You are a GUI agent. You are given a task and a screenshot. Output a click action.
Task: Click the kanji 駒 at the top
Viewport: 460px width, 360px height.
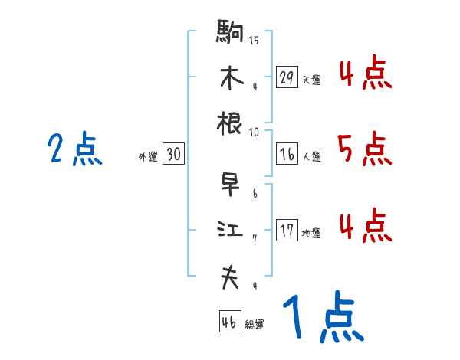coord(230,32)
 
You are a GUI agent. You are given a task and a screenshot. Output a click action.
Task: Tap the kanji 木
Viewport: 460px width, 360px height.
coord(230,77)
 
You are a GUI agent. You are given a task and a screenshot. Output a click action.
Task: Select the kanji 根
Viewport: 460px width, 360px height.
coord(230,123)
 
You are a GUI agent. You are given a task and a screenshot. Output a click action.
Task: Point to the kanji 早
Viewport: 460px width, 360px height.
coord(230,185)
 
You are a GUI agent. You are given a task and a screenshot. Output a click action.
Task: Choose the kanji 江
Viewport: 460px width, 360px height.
coord(230,231)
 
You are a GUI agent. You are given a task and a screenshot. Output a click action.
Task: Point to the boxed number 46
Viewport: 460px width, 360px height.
coord(229,322)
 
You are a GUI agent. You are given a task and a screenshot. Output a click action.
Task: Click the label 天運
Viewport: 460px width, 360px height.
coord(311,80)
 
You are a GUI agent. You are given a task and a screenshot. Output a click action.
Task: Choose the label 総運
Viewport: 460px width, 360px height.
coord(254,324)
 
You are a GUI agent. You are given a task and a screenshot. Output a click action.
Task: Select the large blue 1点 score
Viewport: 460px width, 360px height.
coord(322,319)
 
